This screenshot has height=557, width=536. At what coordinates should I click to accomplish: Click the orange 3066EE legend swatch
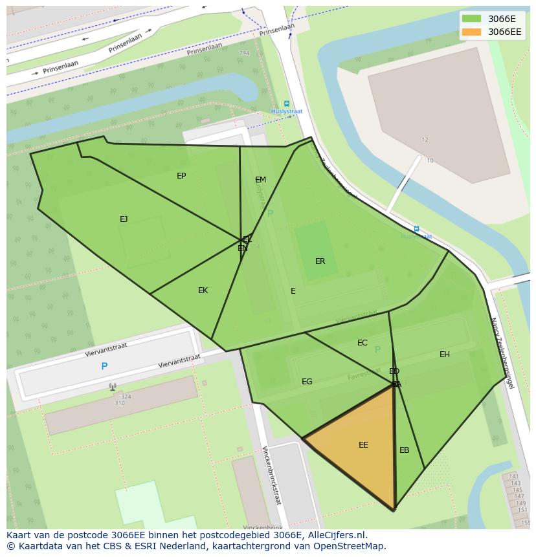pos(471,32)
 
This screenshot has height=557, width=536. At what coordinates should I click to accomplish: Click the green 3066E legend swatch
pos(471,18)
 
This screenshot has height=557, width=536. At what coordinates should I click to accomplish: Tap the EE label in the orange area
pos(363,445)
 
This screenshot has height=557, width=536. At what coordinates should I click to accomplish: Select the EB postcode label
pos(404,450)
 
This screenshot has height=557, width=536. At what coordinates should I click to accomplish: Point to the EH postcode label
pos(445,355)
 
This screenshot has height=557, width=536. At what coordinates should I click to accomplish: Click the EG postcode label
pos(307,382)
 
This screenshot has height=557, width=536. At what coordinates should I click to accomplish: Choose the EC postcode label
pos(363,343)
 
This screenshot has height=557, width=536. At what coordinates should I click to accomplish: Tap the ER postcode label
pos(320,261)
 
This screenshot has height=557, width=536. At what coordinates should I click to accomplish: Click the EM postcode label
pos(260,180)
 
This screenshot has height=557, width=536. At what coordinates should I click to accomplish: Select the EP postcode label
pos(181,176)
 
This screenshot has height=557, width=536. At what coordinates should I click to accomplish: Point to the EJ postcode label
pos(124,219)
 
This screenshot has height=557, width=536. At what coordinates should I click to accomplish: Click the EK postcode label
pos(203,290)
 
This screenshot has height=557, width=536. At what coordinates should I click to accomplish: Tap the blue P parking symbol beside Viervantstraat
pos(104,366)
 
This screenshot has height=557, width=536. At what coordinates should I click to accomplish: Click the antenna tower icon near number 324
pos(113,387)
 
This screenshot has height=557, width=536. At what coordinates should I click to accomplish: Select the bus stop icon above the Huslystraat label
pos(287,104)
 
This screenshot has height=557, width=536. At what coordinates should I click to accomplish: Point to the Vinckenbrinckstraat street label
pos(271,475)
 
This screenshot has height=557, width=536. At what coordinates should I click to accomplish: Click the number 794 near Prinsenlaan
pos(244,53)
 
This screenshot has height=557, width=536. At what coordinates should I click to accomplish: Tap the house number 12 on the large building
pos(425,140)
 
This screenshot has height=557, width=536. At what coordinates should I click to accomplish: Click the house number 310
pos(120,404)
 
